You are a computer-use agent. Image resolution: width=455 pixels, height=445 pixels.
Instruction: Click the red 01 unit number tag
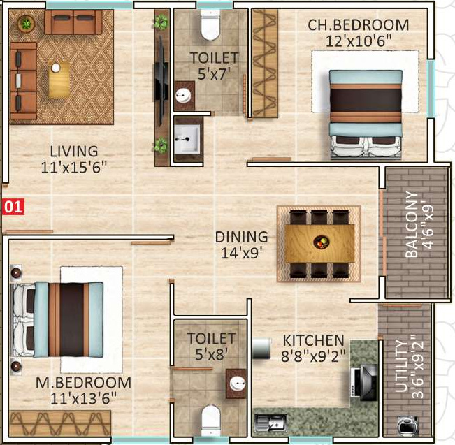click(x=13, y=207)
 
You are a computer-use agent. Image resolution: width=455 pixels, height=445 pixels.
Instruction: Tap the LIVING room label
click(x=73, y=151)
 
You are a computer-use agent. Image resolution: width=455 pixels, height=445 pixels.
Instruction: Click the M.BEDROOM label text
click(x=85, y=383)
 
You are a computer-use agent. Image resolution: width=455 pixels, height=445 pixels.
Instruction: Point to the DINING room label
click(x=241, y=237)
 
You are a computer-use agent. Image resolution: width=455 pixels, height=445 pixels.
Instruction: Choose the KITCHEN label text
click(x=313, y=340)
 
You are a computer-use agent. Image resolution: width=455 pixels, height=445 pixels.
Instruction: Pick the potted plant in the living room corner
click(x=27, y=24)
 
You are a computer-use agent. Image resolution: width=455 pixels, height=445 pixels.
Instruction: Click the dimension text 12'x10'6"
click(x=359, y=41)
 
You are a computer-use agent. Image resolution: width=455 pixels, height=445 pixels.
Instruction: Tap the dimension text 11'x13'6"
click(x=85, y=398)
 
